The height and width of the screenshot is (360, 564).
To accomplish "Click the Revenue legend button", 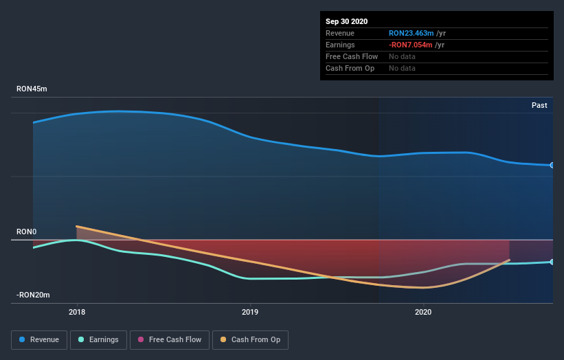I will [x=40, y=339].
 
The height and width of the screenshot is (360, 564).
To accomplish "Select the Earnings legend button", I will [x=99, y=339].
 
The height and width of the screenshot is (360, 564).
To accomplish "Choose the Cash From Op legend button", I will [x=250, y=339].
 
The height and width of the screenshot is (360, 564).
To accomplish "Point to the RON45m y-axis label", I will [x=32, y=89].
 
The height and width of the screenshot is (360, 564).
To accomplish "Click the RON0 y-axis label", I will [x=26, y=232].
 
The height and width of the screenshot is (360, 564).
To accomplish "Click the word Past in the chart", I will [x=539, y=105].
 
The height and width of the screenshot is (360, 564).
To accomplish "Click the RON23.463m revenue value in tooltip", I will [x=410, y=33].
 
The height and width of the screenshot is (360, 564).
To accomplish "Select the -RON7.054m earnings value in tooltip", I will [x=410, y=45].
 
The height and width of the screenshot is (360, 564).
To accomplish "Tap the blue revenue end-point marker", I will [x=552, y=165].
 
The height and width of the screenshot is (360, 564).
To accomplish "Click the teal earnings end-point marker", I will [x=552, y=262].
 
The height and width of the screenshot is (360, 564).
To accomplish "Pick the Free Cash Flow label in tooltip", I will [x=352, y=56].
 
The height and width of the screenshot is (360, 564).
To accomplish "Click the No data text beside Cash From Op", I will [x=402, y=68].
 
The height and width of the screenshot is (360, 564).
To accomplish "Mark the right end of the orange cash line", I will [x=509, y=260].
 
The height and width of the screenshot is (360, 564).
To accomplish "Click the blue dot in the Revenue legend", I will [x=23, y=339].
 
